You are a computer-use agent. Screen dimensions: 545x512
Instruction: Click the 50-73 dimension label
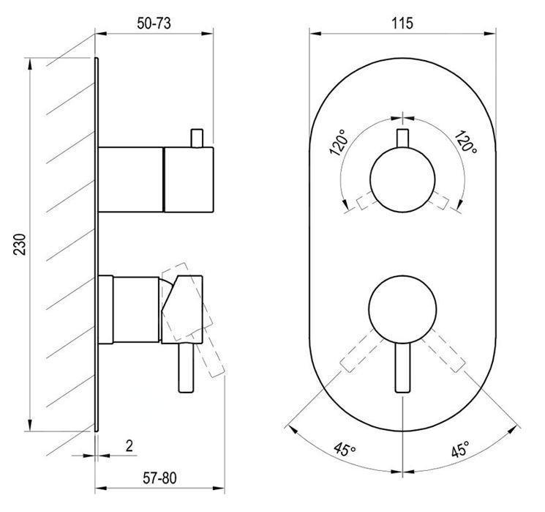[154, 23]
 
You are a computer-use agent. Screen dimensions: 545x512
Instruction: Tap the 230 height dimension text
[20, 245]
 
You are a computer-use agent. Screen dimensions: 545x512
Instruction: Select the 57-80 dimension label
[159, 478]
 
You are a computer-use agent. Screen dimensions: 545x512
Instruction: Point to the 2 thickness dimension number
[129, 445]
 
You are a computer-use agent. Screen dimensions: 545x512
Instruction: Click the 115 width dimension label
[402, 23]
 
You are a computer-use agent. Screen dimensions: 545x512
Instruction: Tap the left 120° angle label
[338, 142]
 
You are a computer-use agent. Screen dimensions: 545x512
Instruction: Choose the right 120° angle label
[466, 141]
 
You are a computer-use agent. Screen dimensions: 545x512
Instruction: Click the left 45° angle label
[345, 449]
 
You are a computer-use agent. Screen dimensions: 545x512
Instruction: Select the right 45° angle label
[460, 449]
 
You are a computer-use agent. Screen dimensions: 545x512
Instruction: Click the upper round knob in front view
[402, 179]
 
